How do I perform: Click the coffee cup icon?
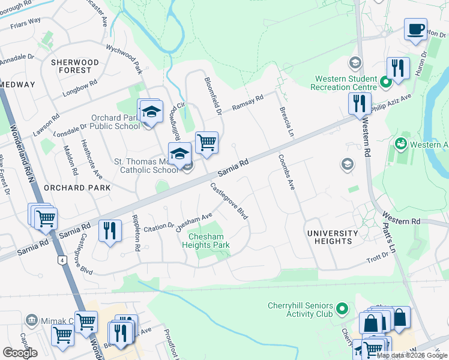click(x=415, y=29)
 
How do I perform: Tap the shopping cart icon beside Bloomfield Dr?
click(x=206, y=143)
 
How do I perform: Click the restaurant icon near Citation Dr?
click(x=110, y=231)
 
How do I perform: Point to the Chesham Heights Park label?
click(x=206, y=241)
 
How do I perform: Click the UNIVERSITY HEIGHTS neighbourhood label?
click(x=333, y=237)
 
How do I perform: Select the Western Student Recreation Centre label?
click(x=344, y=83)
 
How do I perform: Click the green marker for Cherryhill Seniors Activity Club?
click(x=342, y=310)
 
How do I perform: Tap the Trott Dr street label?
click(x=378, y=260)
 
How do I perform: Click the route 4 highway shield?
click(x=61, y=260)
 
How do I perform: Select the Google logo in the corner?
click(x=20, y=352)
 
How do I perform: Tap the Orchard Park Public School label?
click(x=115, y=122)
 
